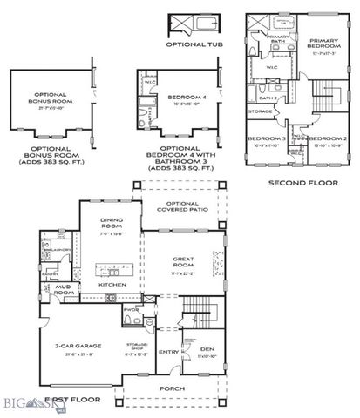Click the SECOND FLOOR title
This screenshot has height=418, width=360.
(x=296, y=184)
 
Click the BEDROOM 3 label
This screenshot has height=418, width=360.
(x=264, y=139)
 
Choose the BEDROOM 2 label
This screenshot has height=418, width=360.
(x=326, y=139)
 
